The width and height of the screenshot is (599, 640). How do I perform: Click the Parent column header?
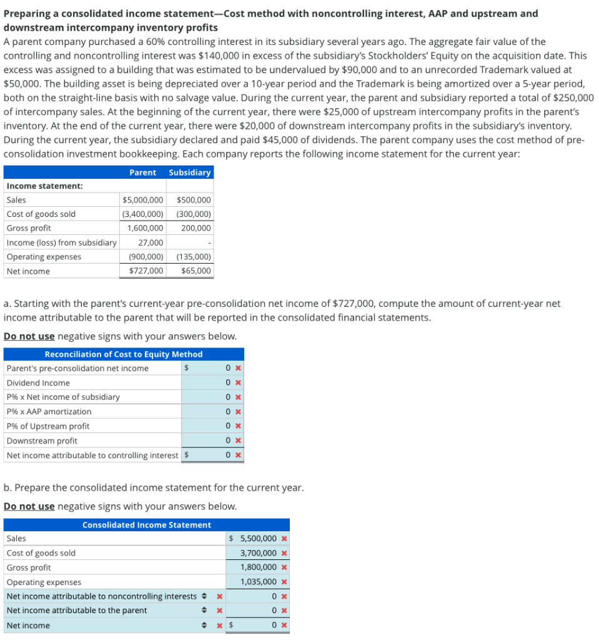click(142, 172)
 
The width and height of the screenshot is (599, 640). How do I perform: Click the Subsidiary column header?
click(190, 172)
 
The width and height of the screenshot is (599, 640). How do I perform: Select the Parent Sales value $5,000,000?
click(143, 200)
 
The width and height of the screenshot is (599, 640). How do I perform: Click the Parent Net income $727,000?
click(146, 271)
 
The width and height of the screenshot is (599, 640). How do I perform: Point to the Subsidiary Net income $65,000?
click(196, 271)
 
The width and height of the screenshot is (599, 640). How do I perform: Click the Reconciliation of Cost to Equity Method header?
click(123, 354)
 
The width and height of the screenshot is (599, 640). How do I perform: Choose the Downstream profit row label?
click(42, 441)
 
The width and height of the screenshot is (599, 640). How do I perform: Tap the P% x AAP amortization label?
click(49, 411)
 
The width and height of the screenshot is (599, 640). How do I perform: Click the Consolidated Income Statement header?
click(146, 525)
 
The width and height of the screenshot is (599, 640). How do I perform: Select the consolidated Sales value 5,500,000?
click(258, 539)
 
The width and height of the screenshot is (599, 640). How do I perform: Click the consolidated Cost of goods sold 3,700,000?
click(258, 553)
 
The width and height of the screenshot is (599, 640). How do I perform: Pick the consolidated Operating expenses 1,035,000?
click(258, 582)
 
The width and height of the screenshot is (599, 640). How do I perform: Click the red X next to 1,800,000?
click(284, 567)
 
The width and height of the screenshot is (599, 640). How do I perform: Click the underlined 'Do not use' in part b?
click(29, 506)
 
